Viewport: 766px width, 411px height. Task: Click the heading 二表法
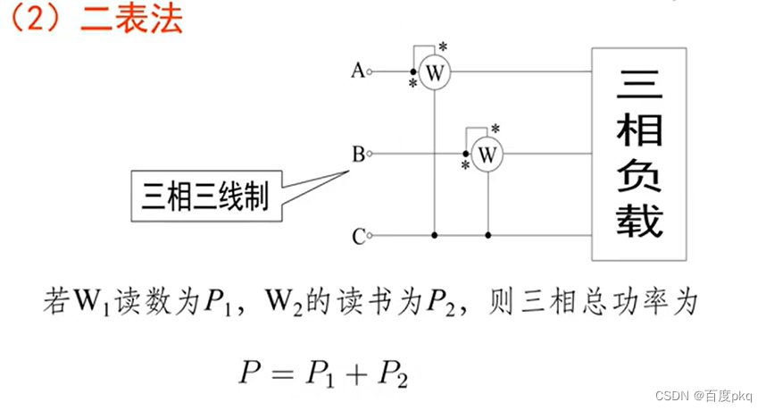[x=131, y=19]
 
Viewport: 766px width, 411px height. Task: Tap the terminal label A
[x=358, y=71]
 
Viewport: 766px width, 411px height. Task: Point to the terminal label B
[x=358, y=155]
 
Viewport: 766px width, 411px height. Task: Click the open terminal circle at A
[x=371, y=71]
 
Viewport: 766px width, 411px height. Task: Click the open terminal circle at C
[x=371, y=236]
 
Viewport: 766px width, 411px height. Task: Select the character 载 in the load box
[x=638, y=219]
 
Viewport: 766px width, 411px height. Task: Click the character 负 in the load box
[x=638, y=175]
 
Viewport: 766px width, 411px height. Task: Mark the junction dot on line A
[x=412, y=71]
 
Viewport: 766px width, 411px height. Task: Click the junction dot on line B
[x=465, y=154]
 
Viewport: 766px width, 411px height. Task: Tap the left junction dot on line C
[x=435, y=236]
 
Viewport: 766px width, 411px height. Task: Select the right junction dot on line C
[x=487, y=236]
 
